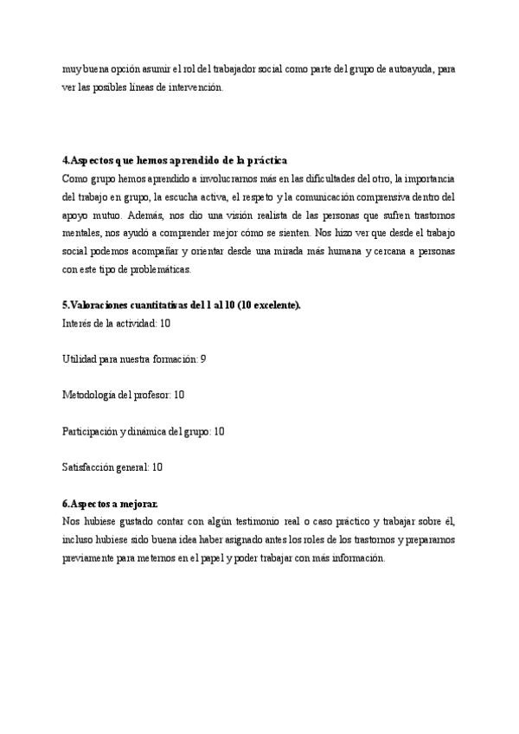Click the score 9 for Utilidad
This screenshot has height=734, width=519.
pyautogui.click(x=202, y=358)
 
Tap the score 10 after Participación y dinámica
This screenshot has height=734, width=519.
pyautogui.click(x=219, y=431)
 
